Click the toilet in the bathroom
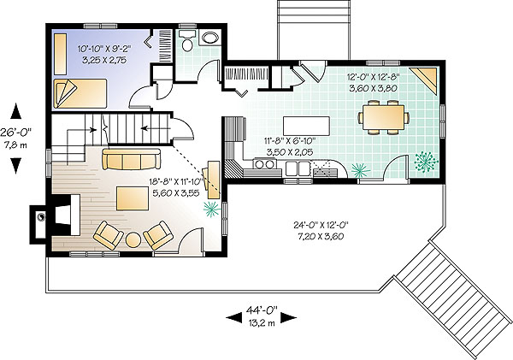pyautogui.click(x=187, y=41)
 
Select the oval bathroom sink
pyautogui.click(x=210, y=38)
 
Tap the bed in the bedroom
pyautogui.click(x=80, y=93)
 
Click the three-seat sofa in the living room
pyautogui.click(x=131, y=159)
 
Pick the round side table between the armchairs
pyautogui.click(x=133, y=240)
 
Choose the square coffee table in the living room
pyautogui.click(x=133, y=198)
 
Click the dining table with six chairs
pyautogui.click(x=383, y=117)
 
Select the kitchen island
pyautogui.click(x=306, y=126)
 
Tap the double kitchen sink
pyautogui.click(x=298, y=168)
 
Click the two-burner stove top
pyautogui.click(x=265, y=164)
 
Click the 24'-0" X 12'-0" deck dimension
pyautogui.click(x=321, y=225)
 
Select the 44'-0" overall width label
pyautogui.click(x=262, y=310)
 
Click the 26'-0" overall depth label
pyautogui.click(x=15, y=133)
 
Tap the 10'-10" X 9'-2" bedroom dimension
pyautogui.click(x=104, y=49)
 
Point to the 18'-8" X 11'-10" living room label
pyautogui.click(x=177, y=181)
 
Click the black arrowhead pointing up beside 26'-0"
pyautogui.click(x=15, y=111)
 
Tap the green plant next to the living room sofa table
pyautogui.click(x=211, y=209)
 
